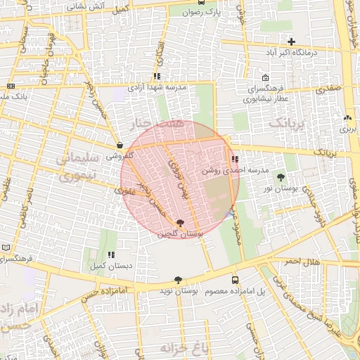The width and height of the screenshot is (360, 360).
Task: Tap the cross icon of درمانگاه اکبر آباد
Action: click(x=291, y=42)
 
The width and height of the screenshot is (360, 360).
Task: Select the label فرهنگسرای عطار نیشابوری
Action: click(x=264, y=95)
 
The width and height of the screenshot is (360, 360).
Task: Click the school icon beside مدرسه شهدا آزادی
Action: click(x=156, y=77)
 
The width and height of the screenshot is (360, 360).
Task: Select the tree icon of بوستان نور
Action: click(x=282, y=178)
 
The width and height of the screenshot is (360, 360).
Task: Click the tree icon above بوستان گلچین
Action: click(x=181, y=223)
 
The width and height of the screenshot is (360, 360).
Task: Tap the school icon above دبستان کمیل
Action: click(x=110, y=255)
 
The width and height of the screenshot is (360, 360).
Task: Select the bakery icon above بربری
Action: click(x=347, y=118)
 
